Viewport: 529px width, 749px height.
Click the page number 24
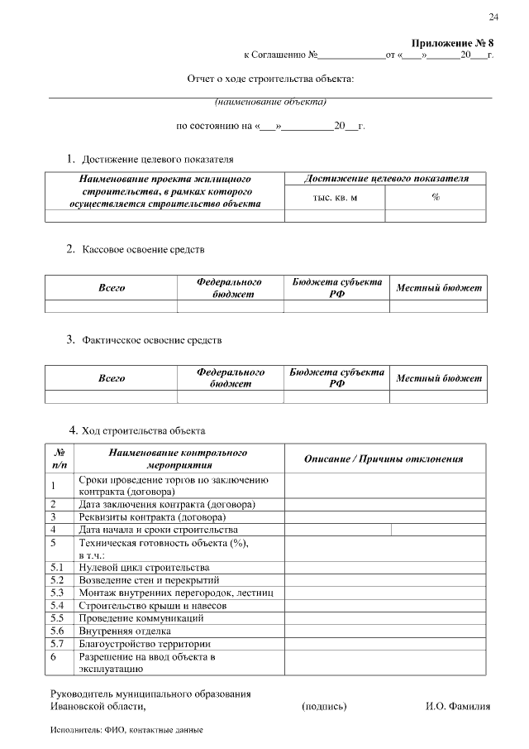[493, 17]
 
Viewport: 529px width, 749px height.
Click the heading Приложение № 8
[452, 43]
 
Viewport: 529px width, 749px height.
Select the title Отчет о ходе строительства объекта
[271, 79]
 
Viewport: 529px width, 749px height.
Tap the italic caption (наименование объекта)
[271, 103]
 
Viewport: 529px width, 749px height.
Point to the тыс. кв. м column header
[335, 198]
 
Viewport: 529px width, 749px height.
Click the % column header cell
[436, 198]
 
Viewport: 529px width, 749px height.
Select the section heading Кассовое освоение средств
[142, 248]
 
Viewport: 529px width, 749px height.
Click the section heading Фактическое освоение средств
[151, 339]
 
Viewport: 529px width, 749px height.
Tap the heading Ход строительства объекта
[141, 430]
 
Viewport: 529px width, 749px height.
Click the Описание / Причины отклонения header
[384, 459]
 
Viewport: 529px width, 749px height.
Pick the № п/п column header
[60, 459]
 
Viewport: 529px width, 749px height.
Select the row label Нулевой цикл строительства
[144, 568]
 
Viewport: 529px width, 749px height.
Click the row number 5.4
[57, 605]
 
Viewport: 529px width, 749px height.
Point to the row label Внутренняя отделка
[125, 631]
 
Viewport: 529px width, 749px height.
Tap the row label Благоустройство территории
[144, 643]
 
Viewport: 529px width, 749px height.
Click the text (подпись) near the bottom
[325, 706]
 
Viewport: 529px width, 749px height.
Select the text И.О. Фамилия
[457, 706]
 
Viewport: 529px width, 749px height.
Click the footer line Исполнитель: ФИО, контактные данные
[126, 731]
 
